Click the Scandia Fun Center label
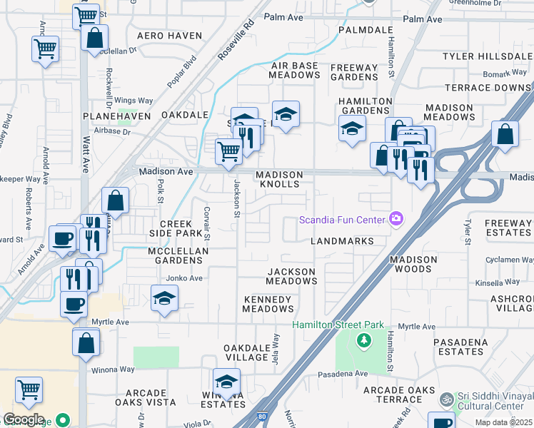pyautogui.click(x=341, y=219)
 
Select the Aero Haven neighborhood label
pyautogui.click(x=165, y=36)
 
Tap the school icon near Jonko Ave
pyautogui.click(x=164, y=298)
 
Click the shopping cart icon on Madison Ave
pyautogui.click(x=228, y=151)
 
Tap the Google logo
pyautogui.click(x=24, y=419)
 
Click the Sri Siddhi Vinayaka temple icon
pyautogui.click(x=447, y=399)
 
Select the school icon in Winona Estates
pyautogui.click(x=227, y=382)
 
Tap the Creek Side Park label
pyautogui.click(x=176, y=229)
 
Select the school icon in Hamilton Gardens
pyautogui.click(x=352, y=128)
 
